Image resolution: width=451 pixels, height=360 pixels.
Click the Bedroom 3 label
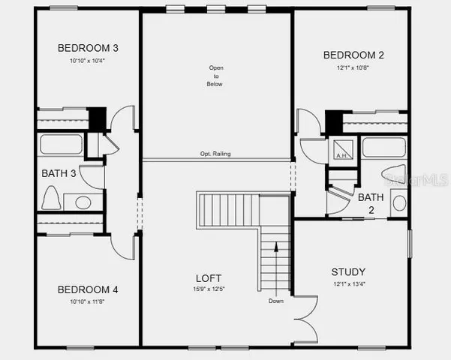[89, 48]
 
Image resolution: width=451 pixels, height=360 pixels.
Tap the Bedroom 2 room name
[354, 55]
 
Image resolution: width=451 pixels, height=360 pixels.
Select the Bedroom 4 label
[88, 289]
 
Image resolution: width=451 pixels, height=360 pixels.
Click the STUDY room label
[348, 271]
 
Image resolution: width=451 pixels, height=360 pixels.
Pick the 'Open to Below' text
[216, 76]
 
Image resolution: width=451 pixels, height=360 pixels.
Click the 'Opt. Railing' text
[216, 154]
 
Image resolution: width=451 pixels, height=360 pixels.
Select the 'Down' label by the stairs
[276, 301]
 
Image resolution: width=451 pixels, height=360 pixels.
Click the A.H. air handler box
[341, 148]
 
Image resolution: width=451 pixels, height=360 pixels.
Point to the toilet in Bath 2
[398, 202]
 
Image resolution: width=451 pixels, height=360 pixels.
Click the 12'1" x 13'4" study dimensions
[348, 284]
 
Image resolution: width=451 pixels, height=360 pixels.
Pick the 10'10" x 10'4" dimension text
[89, 61]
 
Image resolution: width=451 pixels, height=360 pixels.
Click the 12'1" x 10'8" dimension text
[354, 67]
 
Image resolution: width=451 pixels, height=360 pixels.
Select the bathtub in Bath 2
[383, 147]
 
